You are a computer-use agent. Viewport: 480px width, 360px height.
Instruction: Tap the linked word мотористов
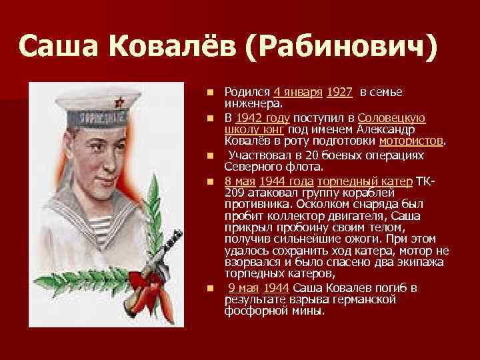pyautogui.click(x=411, y=141)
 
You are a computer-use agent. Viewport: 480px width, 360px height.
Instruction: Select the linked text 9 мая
pyautogui.click(x=243, y=288)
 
